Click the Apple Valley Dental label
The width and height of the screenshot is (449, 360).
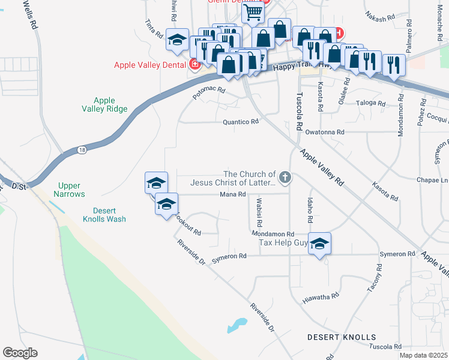[150, 64]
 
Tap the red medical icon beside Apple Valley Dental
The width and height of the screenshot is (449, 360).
[194, 64]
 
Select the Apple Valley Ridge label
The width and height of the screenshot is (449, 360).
[104, 104]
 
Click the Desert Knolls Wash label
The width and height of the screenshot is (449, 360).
[101, 215]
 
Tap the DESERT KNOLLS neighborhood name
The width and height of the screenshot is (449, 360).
[342, 337]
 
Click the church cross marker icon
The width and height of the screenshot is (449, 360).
[285, 178]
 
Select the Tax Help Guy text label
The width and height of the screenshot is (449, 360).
[283, 243]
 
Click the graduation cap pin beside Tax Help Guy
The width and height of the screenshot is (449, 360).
[320, 243]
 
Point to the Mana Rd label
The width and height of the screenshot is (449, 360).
[233, 194]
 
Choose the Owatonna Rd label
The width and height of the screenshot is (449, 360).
[325, 132]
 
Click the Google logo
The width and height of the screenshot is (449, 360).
[20, 353]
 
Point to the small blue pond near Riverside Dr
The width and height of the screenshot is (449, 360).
[237, 325]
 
